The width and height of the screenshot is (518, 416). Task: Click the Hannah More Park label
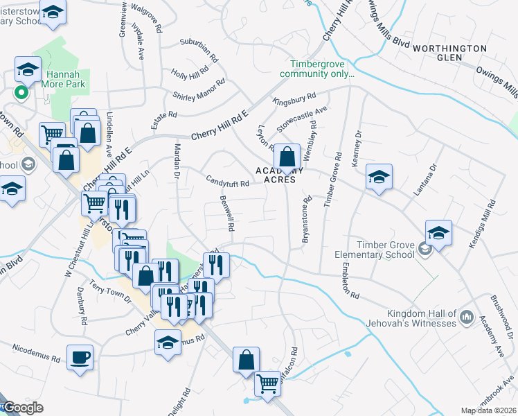coord(66,78)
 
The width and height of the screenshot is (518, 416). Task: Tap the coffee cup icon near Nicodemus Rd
coord(80,358)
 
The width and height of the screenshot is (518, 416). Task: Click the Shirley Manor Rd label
coord(199,91)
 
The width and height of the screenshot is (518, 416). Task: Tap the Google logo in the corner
coord(23,408)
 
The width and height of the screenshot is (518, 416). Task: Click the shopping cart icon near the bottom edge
coord(267,383)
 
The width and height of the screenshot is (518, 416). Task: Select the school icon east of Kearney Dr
coord(379,177)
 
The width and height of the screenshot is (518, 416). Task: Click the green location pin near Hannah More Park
coord(21,92)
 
